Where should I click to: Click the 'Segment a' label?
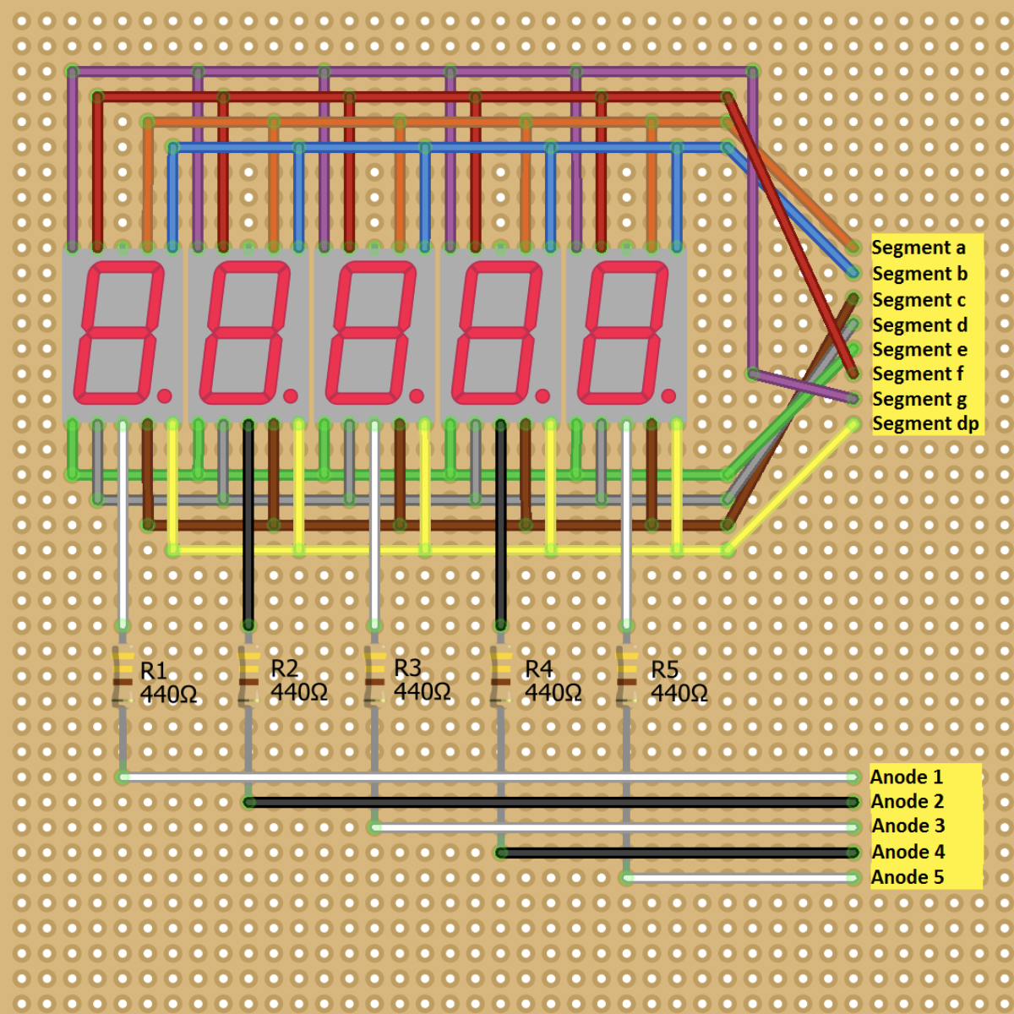click(x=918, y=248)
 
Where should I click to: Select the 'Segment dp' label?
click(x=925, y=423)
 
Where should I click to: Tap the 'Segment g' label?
click(x=919, y=399)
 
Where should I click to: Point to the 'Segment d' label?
click(x=919, y=325)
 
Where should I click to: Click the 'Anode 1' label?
click(x=907, y=777)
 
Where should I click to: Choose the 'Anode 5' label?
click(x=907, y=877)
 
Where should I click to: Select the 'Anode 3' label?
click(x=908, y=826)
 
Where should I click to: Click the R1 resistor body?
click(x=123, y=676)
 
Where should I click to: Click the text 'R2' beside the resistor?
click(x=284, y=668)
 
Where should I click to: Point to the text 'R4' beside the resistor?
click(x=538, y=669)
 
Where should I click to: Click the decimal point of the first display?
click(x=164, y=395)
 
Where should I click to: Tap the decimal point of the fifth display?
click(x=668, y=395)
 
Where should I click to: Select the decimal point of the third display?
click(x=417, y=395)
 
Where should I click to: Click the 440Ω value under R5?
click(x=679, y=694)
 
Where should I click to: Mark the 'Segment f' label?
click(x=917, y=373)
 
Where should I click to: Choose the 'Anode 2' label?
click(x=907, y=801)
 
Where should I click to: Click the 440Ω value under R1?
click(x=168, y=695)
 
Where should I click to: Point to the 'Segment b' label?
click(x=919, y=274)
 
